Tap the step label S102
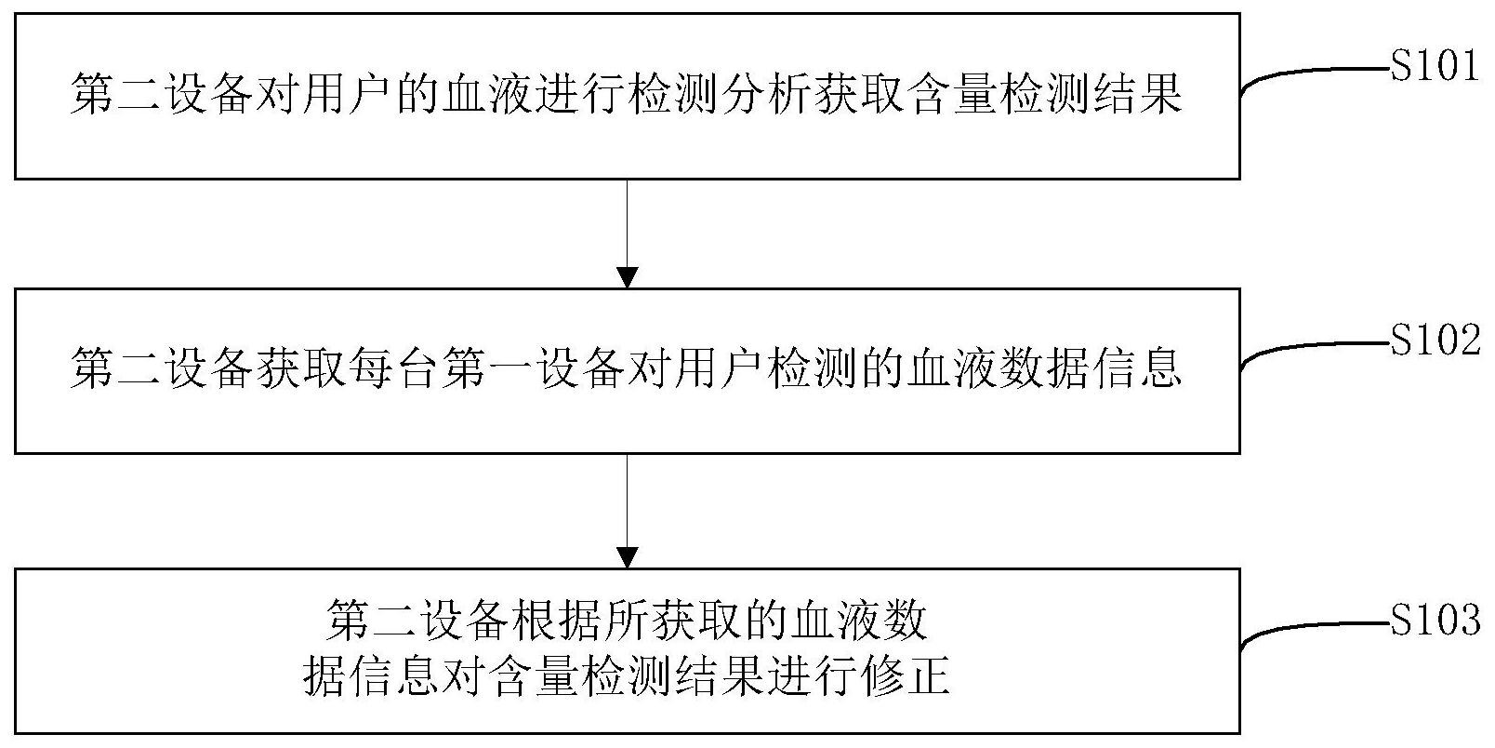point(1435,341)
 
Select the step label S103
point(1435,620)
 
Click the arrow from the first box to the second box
point(628,233)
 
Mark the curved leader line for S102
point(1302,350)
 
